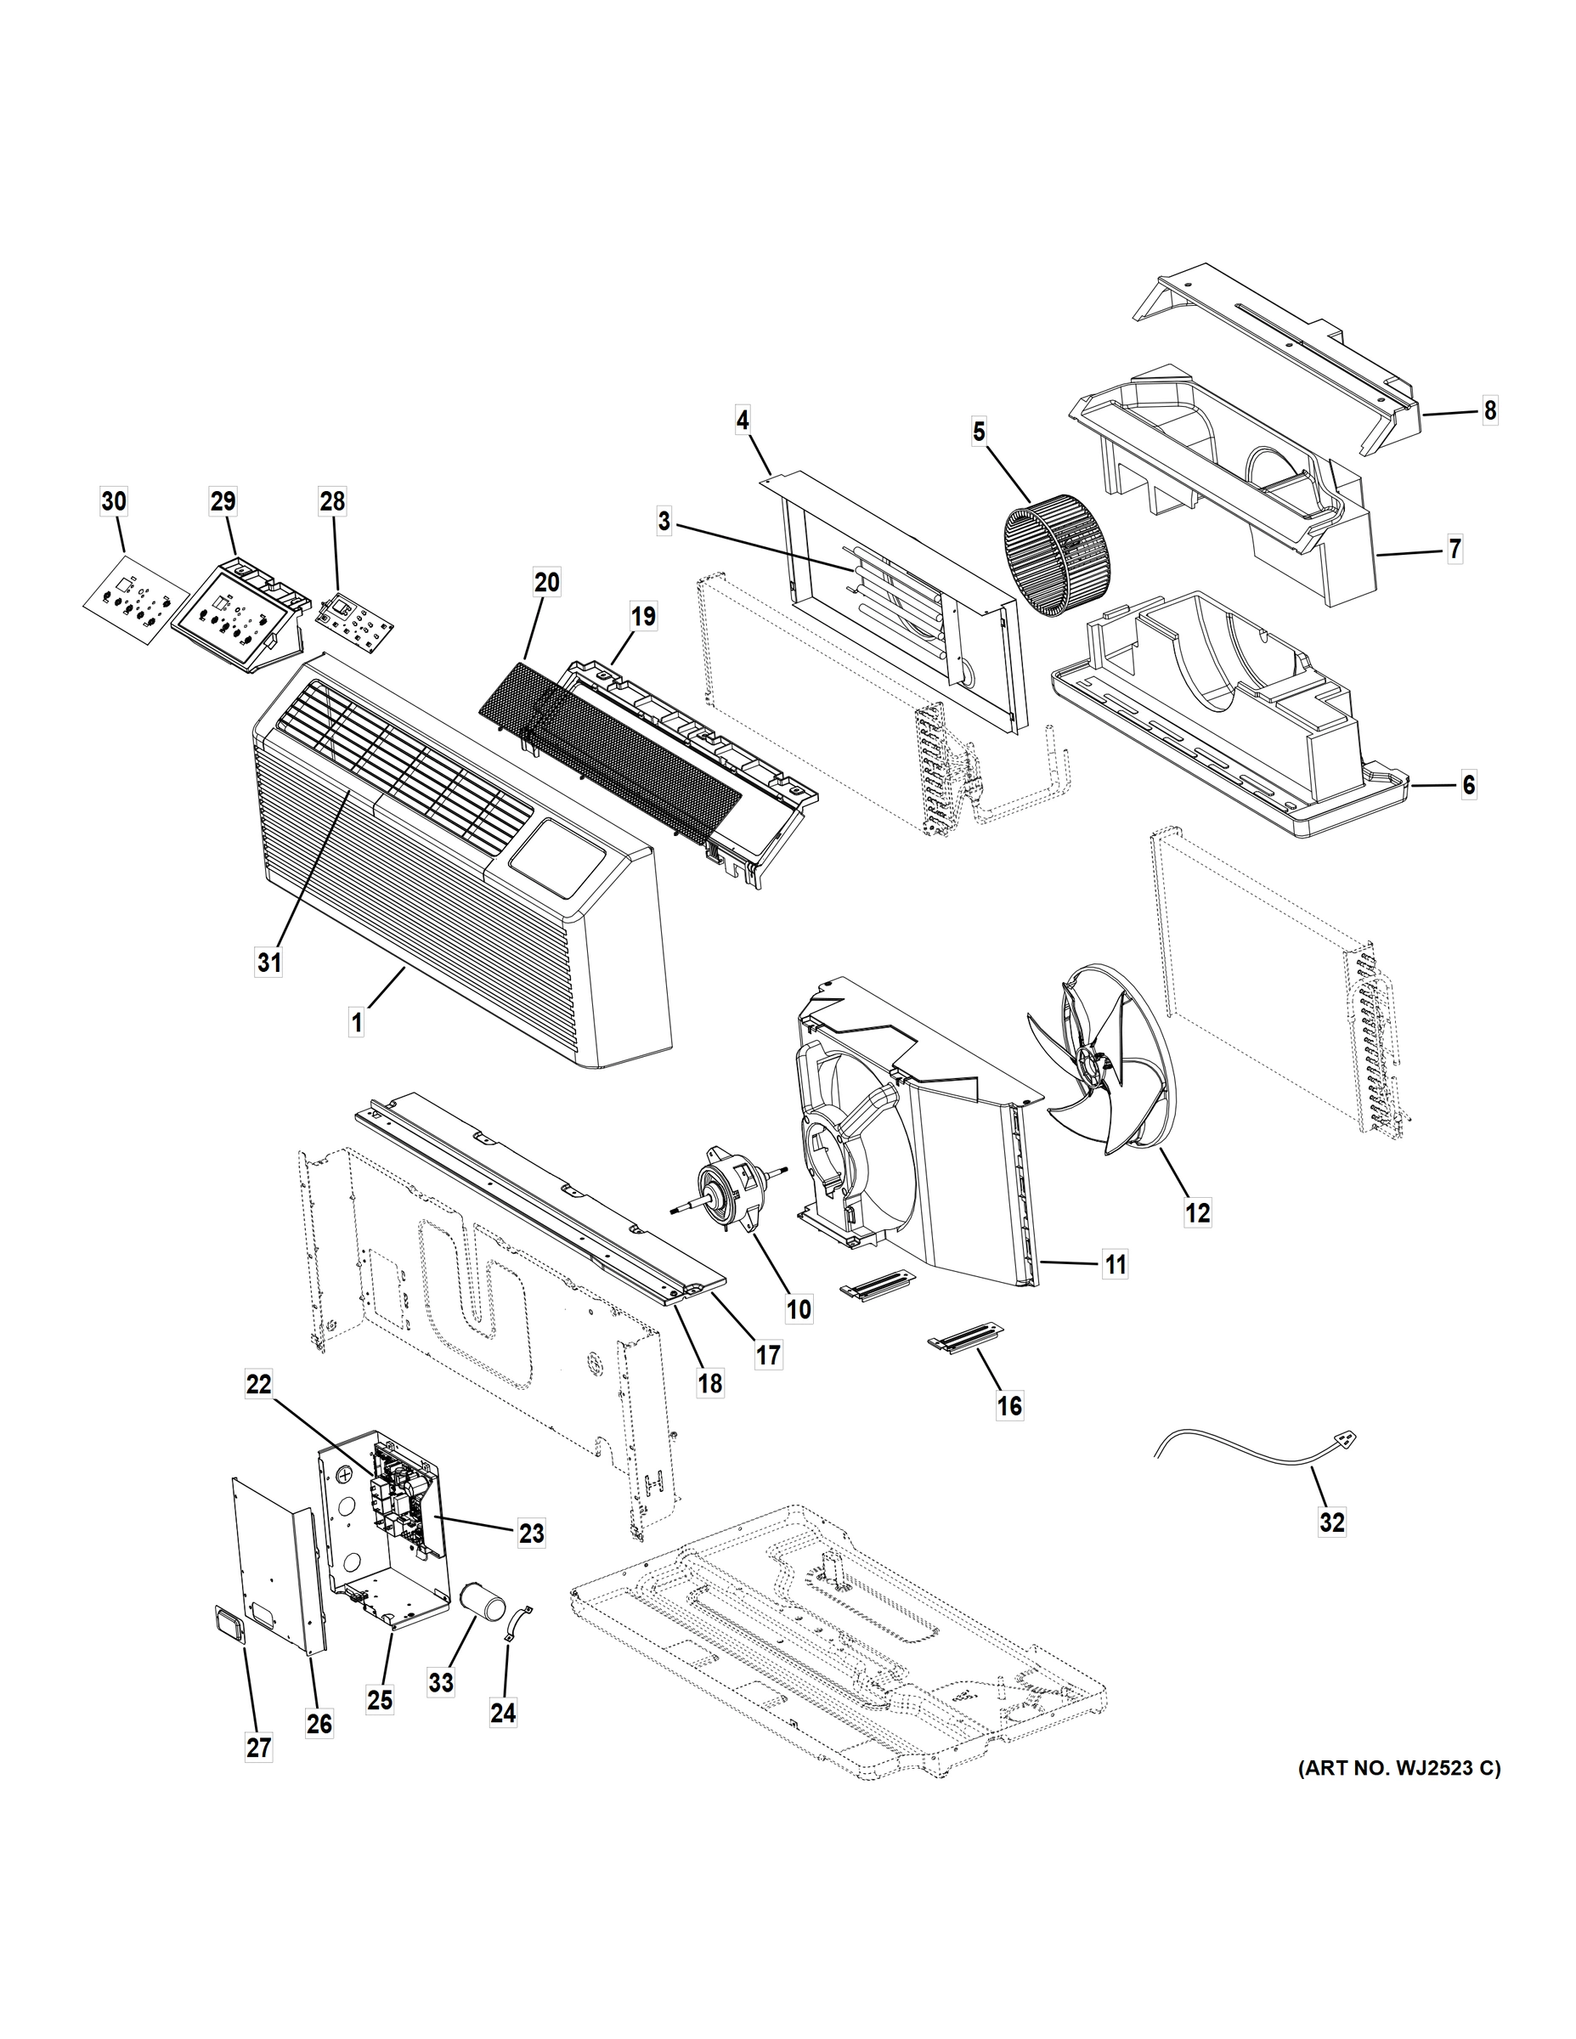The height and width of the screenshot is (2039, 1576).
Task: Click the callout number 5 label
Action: [979, 432]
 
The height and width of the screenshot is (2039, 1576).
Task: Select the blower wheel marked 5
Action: [1053, 560]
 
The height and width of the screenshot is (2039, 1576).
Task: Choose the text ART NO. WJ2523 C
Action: [1398, 1794]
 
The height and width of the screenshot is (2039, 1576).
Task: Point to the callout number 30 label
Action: [113, 501]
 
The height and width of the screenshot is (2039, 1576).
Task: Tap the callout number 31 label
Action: [268, 963]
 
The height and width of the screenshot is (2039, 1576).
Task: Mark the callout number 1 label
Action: [356, 1023]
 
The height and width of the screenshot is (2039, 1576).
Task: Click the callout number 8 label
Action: [1489, 409]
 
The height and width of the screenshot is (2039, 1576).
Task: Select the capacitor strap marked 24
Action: [517, 1623]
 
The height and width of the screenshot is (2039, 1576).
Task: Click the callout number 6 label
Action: [1469, 785]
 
